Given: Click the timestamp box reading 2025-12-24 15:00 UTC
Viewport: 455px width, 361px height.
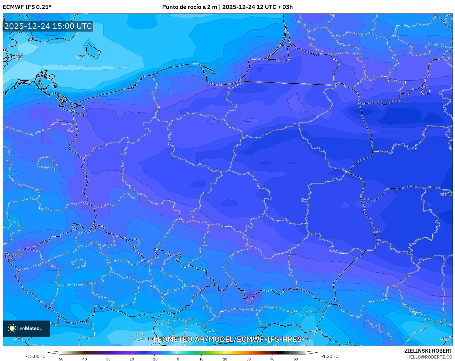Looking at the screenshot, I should coord(48,26).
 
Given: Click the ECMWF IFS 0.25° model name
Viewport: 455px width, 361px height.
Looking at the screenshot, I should coord(27,7).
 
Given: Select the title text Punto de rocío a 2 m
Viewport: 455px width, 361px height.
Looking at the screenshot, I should coord(189,7).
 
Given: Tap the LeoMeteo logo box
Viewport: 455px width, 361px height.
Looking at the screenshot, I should coord(26,328).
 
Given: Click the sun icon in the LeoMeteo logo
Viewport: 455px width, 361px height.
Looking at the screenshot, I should coord(12,328).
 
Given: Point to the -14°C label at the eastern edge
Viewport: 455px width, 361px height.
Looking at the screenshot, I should coord(446,194).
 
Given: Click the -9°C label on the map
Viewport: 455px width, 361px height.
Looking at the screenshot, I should coord(19,255).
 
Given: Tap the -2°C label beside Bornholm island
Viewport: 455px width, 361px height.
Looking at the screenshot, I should coord(80,57).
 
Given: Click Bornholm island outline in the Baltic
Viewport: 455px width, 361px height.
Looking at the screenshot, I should coord(93,51).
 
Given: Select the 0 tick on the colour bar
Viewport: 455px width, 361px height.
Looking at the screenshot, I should coord(178,359).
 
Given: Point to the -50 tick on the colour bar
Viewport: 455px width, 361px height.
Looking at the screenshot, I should coord(60,359).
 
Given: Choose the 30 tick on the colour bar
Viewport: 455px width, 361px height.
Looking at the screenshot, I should coord(248,359).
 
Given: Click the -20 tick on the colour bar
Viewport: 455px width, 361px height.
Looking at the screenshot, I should coord(131,359).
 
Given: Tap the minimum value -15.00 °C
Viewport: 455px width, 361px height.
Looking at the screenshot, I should coord(35,356).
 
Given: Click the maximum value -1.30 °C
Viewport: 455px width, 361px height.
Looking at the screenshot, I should coord(330,356).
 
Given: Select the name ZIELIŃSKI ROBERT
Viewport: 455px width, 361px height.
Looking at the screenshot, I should coord(428,351).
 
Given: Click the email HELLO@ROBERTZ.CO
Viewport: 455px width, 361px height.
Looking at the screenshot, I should coord(429,357).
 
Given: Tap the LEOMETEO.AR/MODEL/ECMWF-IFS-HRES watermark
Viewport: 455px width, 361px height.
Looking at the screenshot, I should coord(227,339).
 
